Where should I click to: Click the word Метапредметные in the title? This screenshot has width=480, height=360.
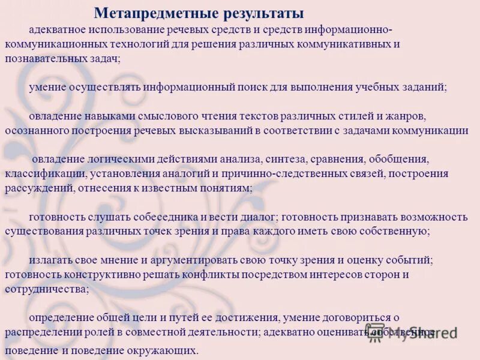tap(152, 13)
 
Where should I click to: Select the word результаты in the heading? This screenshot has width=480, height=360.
tap(259, 13)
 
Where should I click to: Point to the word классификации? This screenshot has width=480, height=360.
tap(46, 175)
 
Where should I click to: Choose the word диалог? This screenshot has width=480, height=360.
tap(258, 217)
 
